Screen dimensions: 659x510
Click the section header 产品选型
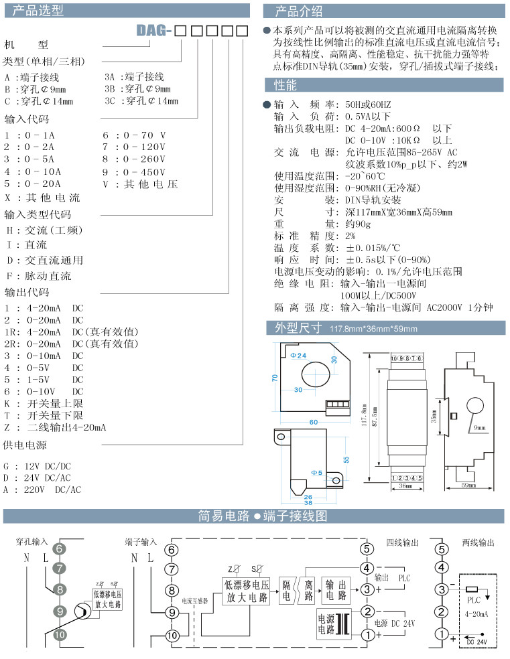click(x=39, y=10)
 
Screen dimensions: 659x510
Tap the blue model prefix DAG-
click(x=155, y=31)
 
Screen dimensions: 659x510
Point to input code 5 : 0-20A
click(x=32, y=183)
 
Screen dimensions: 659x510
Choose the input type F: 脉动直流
click(x=38, y=276)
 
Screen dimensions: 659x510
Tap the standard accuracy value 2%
click(x=350, y=236)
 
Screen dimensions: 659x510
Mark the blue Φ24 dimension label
click(x=298, y=354)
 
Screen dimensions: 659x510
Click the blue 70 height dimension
click(x=275, y=378)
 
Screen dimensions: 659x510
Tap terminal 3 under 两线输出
click(x=441, y=589)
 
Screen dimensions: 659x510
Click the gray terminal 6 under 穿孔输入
click(x=60, y=549)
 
